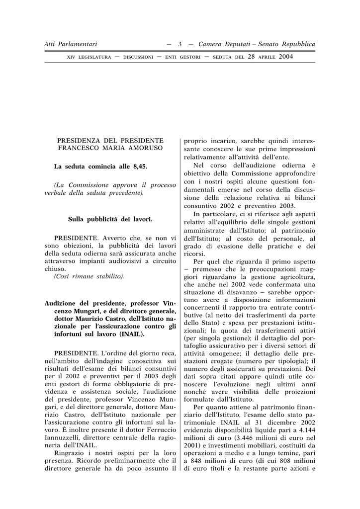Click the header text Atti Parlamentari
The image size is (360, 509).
coord(71,44)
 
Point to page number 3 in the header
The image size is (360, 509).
coord(180,44)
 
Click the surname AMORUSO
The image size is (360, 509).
coord(145,148)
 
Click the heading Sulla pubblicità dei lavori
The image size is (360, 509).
coord(110,219)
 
